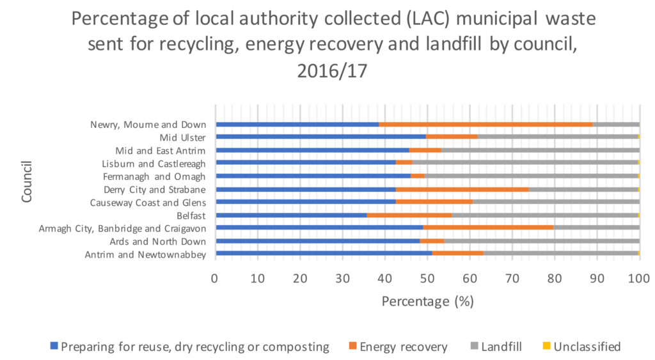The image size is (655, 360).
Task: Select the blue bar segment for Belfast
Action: tap(292, 215)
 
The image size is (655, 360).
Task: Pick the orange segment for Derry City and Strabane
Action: tap(462, 189)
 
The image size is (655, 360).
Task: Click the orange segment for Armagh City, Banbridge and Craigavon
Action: tap(488, 228)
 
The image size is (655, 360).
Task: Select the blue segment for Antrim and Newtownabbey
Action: tap(324, 254)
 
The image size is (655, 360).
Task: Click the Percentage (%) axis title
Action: tap(427, 301)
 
